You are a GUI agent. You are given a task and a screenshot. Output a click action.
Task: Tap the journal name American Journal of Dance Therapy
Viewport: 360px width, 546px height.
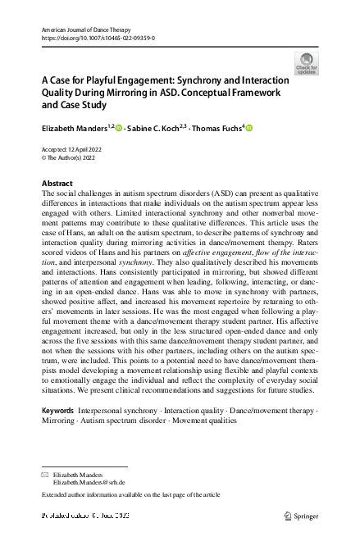coord(84,29)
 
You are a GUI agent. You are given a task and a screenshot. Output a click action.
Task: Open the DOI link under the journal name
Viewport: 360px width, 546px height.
coord(98,38)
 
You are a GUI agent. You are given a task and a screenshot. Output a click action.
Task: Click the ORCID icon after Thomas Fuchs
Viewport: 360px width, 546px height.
coord(249,127)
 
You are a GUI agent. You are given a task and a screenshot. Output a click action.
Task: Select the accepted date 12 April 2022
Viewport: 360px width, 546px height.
coord(88,148)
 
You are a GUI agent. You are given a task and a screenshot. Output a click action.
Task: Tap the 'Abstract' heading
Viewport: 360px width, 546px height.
coord(57,183)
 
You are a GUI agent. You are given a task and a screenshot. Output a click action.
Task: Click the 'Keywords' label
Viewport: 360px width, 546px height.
coord(57,410)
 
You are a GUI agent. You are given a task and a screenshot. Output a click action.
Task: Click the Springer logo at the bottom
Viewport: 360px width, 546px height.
coord(299,515)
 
